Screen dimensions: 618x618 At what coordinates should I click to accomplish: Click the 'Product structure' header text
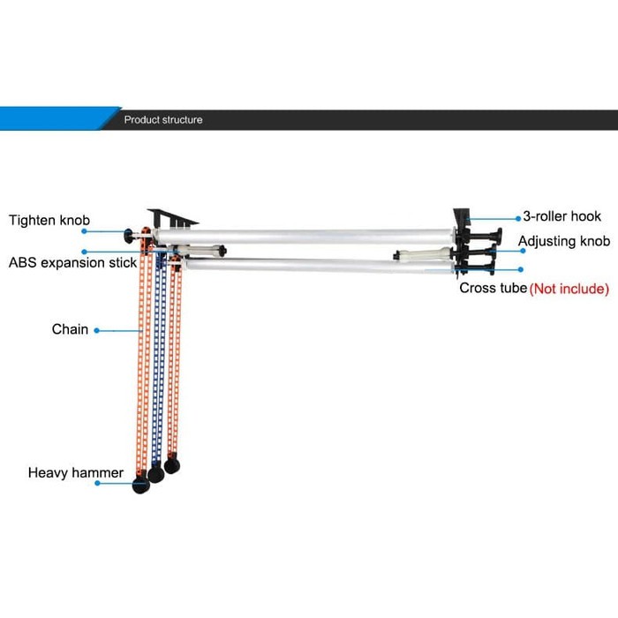[162, 119]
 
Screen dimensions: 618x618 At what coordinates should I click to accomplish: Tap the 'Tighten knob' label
[49, 220]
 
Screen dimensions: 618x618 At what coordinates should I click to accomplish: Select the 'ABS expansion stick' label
[73, 263]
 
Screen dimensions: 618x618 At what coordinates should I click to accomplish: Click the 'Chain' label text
[70, 329]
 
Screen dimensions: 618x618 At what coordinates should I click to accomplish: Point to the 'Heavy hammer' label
[75, 472]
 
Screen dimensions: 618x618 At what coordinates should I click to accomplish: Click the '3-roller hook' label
[561, 216]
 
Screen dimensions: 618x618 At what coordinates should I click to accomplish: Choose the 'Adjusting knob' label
[563, 241]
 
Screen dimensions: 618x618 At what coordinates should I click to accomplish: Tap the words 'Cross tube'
[493, 288]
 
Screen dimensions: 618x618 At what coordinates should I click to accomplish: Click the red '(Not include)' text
[569, 289]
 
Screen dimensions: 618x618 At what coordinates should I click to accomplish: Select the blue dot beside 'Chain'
[96, 331]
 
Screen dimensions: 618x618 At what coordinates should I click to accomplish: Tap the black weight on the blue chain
[155, 474]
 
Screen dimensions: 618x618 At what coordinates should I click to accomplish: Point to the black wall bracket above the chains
[173, 215]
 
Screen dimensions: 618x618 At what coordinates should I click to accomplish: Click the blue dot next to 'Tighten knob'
[84, 232]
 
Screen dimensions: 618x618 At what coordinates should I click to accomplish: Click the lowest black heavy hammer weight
[140, 485]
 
